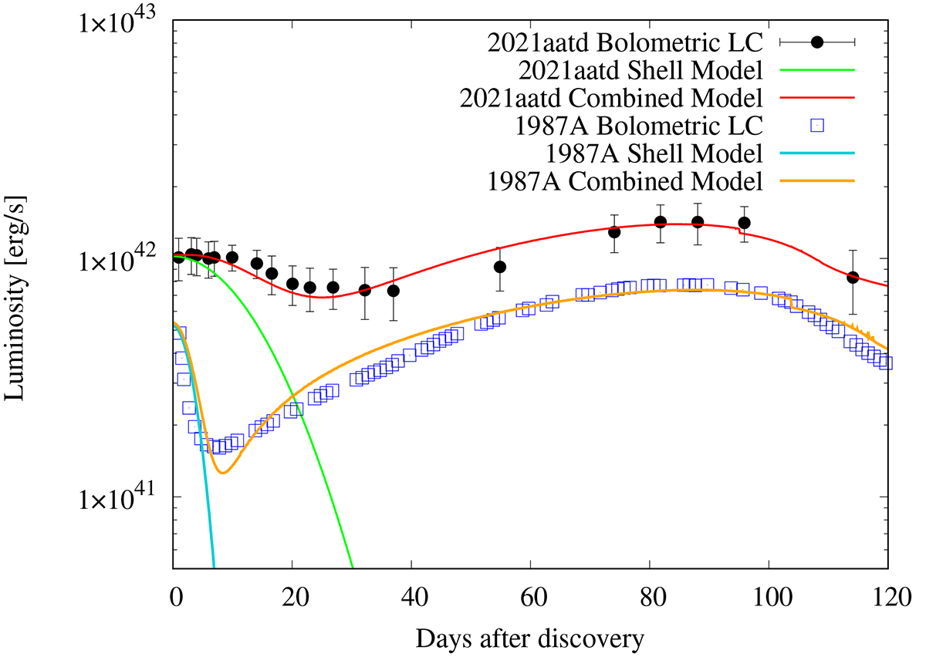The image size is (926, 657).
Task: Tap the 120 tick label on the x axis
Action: pos(886,598)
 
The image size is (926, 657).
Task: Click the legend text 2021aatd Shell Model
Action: pos(641,71)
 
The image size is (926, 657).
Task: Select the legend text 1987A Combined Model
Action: pos(626,182)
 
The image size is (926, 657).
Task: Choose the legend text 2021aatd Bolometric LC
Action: pos(626,43)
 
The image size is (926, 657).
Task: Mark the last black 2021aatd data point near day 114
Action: pos(853,277)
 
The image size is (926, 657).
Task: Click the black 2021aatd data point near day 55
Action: pos(500,267)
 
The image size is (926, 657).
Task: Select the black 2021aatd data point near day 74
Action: pos(614,231)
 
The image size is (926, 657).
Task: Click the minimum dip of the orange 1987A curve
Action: pos(223,473)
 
